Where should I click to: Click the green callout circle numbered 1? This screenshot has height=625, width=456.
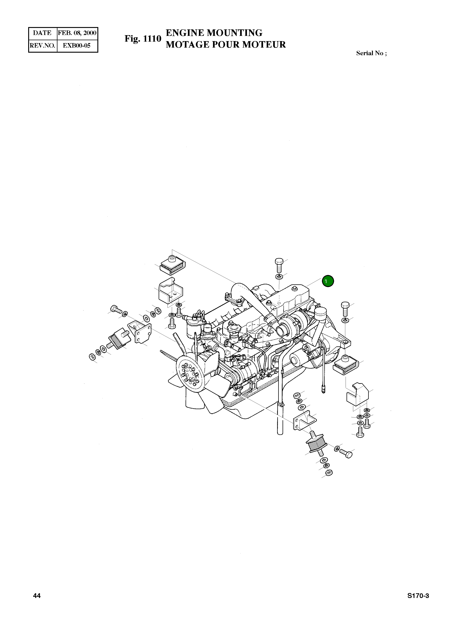pyautogui.click(x=328, y=281)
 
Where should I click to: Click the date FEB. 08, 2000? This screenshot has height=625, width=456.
pyautogui.click(x=77, y=33)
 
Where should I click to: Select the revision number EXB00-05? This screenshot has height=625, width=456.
pyautogui.click(x=77, y=45)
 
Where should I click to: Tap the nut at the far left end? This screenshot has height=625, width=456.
pyautogui.click(x=92, y=357)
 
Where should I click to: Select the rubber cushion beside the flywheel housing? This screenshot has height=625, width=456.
pyautogui.click(x=345, y=365)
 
